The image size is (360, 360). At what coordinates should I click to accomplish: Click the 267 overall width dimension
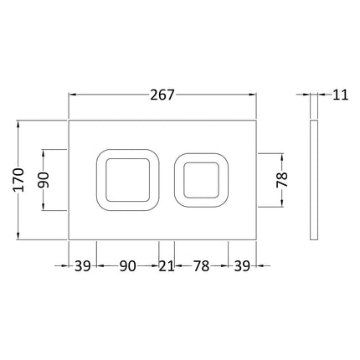[x=162, y=95]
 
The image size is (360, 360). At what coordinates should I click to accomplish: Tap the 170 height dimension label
[x=19, y=180]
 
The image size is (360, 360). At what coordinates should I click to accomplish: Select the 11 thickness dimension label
[x=341, y=95]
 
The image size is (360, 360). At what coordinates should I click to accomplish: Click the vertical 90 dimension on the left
[x=44, y=180]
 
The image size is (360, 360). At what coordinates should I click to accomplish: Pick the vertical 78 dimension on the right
[x=282, y=180]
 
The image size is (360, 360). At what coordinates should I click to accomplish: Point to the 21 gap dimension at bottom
[x=167, y=266]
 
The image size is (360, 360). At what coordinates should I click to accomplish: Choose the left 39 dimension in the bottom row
[x=83, y=266]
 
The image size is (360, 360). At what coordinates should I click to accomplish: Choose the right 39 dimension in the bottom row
[x=242, y=266]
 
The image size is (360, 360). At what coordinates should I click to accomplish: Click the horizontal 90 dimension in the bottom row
[x=128, y=266]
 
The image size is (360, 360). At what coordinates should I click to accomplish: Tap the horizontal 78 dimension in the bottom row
[x=201, y=266]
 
